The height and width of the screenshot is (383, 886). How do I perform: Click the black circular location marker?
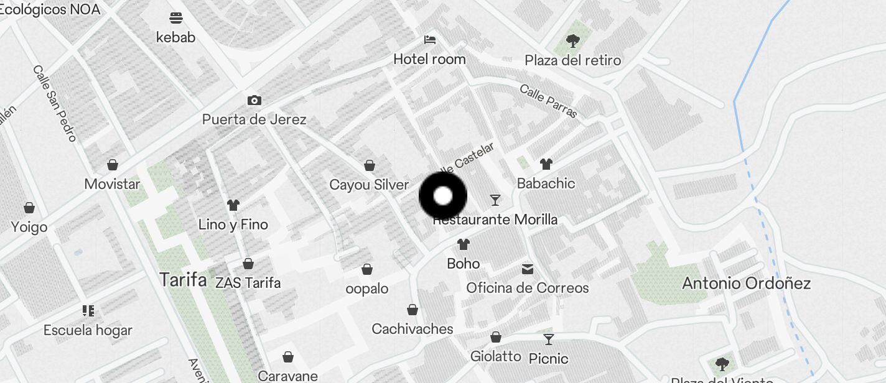click(442, 196)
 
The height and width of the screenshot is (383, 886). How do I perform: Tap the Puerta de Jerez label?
click(254, 119)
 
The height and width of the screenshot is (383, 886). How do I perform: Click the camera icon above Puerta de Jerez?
click(254, 100)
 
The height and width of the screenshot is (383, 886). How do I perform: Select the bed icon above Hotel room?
click(429, 40)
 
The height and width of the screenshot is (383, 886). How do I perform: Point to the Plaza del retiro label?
click(572, 60)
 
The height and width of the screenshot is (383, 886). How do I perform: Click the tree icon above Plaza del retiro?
click(573, 41)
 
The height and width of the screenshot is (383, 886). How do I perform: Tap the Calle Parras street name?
click(548, 101)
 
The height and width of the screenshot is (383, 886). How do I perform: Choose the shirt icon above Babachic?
click(546, 164)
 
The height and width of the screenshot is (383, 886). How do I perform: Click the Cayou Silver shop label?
click(369, 185)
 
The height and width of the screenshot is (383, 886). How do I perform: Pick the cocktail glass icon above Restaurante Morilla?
click(495, 200)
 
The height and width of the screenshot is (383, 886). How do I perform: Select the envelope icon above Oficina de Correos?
click(528, 269)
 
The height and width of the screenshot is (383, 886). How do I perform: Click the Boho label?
click(464, 264)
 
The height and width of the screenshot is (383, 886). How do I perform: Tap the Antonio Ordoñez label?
click(746, 284)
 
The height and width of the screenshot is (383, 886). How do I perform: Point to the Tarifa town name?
click(183, 280)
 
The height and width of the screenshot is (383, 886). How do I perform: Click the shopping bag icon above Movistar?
click(113, 165)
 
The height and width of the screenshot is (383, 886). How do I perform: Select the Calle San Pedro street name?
click(55, 103)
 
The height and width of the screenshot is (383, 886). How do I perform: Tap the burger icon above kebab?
click(176, 17)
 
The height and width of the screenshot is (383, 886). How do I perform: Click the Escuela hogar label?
click(88, 330)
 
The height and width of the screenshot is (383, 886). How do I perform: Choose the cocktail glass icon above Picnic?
click(548, 339)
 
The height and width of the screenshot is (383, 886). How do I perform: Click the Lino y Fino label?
click(233, 224)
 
